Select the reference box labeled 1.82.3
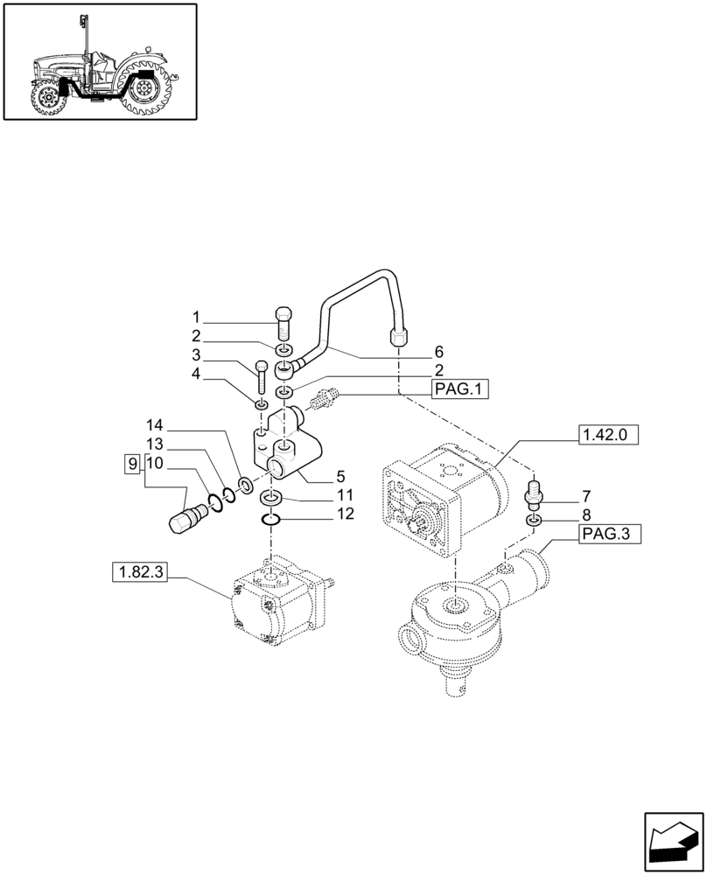pyautogui.click(x=139, y=573)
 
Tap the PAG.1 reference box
pyautogui.click(x=459, y=390)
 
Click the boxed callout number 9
pyautogui.click(x=131, y=463)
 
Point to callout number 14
pyautogui.click(x=154, y=426)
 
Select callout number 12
pyautogui.click(x=346, y=514)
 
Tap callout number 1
pyautogui.click(x=197, y=317)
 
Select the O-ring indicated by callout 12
pyautogui.click(x=272, y=521)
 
